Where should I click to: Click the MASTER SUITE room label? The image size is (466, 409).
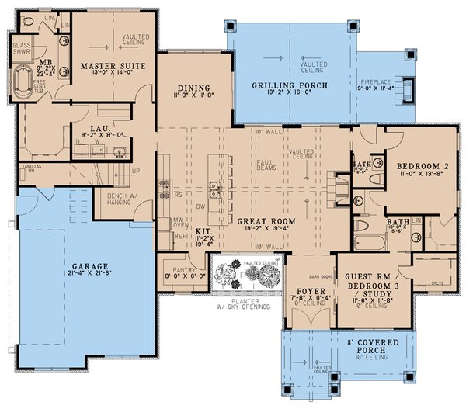coord(108,66)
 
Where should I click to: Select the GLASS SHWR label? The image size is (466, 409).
coord(22,49)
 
